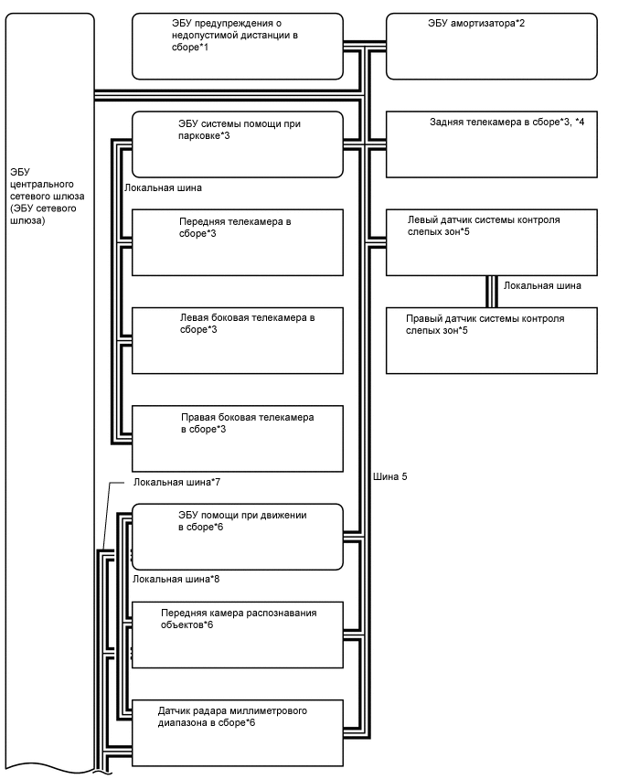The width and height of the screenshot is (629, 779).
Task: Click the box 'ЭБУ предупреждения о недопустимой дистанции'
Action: click(x=238, y=46)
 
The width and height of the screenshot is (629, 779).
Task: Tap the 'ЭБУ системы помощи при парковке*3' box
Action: click(x=238, y=144)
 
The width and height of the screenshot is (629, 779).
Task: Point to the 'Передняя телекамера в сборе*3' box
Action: click(x=238, y=242)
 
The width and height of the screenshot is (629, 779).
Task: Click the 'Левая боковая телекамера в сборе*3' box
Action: click(x=238, y=340)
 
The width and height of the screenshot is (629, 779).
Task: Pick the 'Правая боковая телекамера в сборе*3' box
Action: click(x=238, y=438)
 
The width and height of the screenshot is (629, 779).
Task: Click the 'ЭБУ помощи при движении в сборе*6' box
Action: click(x=238, y=536)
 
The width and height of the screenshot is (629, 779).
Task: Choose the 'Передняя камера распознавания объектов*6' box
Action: click(x=238, y=633)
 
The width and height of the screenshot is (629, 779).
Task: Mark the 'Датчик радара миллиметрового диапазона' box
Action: click(x=238, y=731)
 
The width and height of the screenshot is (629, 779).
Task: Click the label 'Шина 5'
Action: click(x=390, y=477)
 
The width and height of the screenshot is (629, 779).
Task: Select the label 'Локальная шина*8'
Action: click(x=176, y=579)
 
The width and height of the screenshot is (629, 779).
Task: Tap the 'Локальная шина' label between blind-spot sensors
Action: click(x=542, y=285)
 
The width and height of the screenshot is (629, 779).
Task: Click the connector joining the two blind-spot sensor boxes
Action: click(x=491, y=291)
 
